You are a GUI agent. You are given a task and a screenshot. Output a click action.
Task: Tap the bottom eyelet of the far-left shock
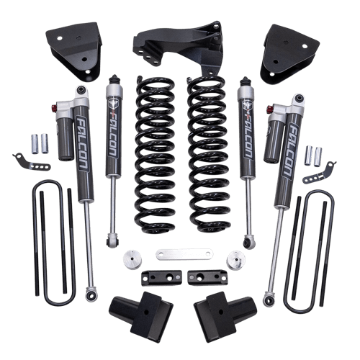pos(91,294)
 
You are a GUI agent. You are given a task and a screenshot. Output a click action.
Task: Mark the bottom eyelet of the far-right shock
pos(268,297)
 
